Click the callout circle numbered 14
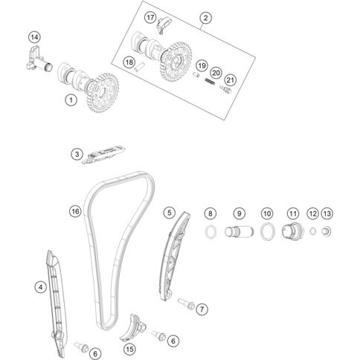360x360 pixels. point(34,37)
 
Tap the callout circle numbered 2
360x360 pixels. point(205,18)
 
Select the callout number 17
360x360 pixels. point(150,18)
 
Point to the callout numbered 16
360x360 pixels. point(75,211)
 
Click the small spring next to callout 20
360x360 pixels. point(210,81)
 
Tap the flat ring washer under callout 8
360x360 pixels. point(210,232)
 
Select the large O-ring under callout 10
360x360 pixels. point(268,231)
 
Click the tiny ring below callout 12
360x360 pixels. point(313,231)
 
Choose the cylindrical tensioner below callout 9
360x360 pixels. point(240,232)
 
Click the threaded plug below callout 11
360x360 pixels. point(293,231)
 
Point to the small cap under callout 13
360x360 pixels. point(327,231)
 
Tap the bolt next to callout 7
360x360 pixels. point(186,303)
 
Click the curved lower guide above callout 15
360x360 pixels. point(133,328)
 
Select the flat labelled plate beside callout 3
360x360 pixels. point(103,154)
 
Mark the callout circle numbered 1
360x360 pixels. point(71,100)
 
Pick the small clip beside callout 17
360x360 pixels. point(163,25)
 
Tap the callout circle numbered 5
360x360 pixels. point(170,213)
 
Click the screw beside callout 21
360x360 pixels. point(225,89)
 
